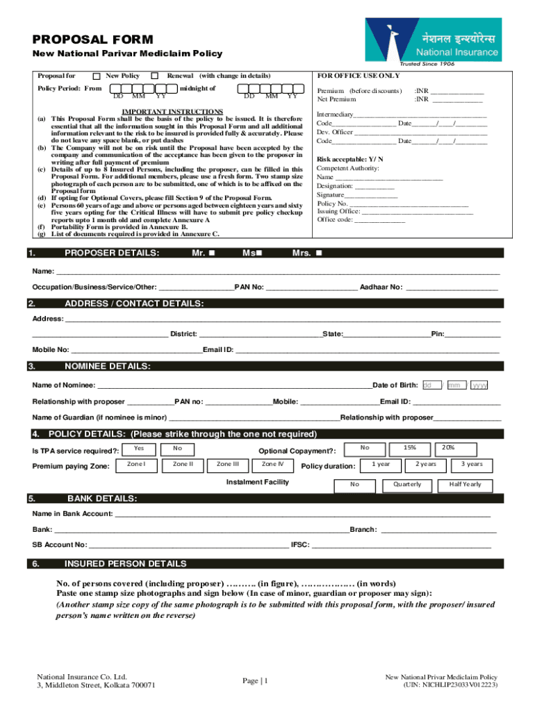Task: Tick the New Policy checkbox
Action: pos(97,76)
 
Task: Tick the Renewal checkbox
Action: pos(156,76)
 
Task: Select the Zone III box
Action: pos(228,464)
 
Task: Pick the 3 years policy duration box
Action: pos(472,464)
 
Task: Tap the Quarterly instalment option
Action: pos(407,484)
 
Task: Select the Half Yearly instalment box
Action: pos(466,484)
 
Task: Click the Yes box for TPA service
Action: pos(139,449)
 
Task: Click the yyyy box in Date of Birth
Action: pos(479,385)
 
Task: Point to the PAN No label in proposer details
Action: pos(249,287)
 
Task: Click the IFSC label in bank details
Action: pos(300,545)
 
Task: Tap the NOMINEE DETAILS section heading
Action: pos(108,366)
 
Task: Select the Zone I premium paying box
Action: pos(137,464)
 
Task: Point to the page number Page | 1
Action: pos(255,681)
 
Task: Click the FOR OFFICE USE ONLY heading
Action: pos(359,75)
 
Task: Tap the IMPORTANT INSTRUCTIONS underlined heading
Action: pos(172,111)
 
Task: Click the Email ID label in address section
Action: pos(218,350)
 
